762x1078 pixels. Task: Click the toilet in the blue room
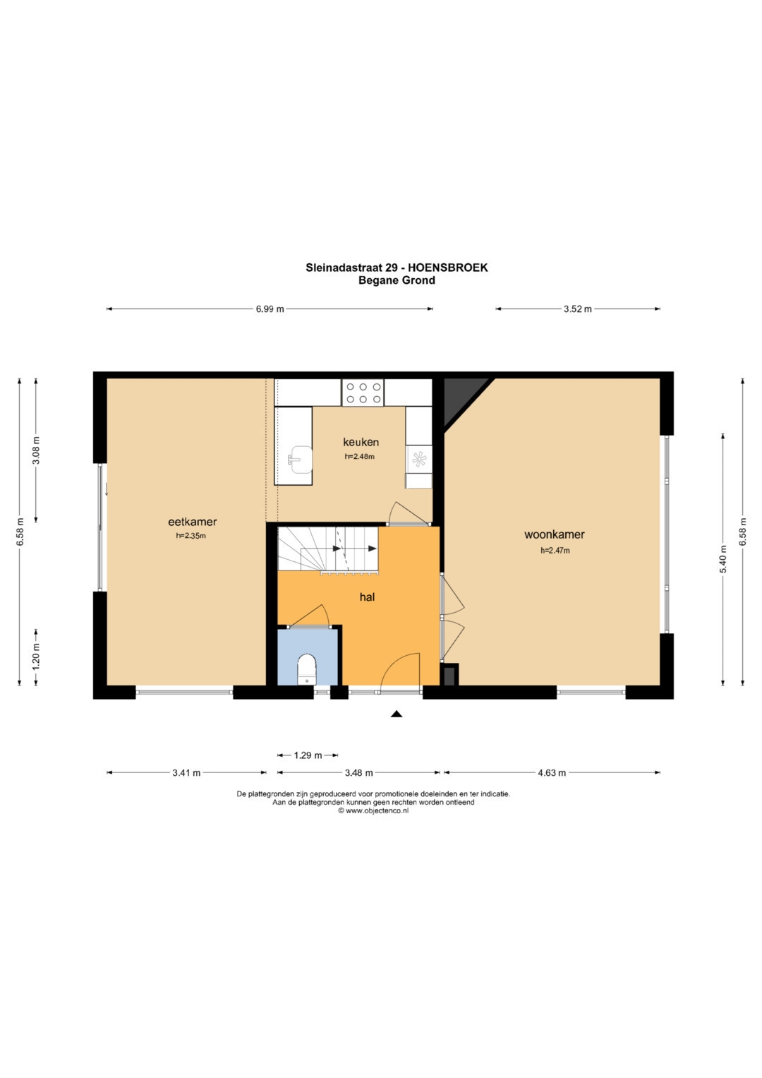pyautogui.click(x=307, y=669)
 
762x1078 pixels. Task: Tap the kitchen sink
pyautogui.click(x=300, y=459)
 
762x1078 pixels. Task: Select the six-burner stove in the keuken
pyautogui.click(x=363, y=393)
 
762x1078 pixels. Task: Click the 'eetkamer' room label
pyautogui.click(x=193, y=522)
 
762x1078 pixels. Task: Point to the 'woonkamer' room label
pyautogui.click(x=554, y=534)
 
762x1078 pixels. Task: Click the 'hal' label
pyautogui.click(x=367, y=597)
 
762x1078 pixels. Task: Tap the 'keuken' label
pyautogui.click(x=361, y=442)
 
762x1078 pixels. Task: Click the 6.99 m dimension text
pyautogui.click(x=270, y=309)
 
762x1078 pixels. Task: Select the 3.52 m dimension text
pyautogui.click(x=578, y=309)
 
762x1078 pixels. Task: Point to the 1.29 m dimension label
pyautogui.click(x=308, y=755)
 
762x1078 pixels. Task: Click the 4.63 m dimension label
pyautogui.click(x=552, y=773)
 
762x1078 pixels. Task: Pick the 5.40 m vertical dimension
pyautogui.click(x=723, y=560)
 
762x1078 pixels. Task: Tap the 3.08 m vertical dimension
pyautogui.click(x=37, y=450)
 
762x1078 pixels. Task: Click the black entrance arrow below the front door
pyautogui.click(x=397, y=714)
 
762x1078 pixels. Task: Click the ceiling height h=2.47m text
pyautogui.click(x=555, y=551)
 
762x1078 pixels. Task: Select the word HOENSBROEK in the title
pyautogui.click(x=447, y=268)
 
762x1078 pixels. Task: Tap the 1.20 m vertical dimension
pyautogui.click(x=37, y=657)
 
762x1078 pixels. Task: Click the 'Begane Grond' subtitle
pyautogui.click(x=397, y=280)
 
